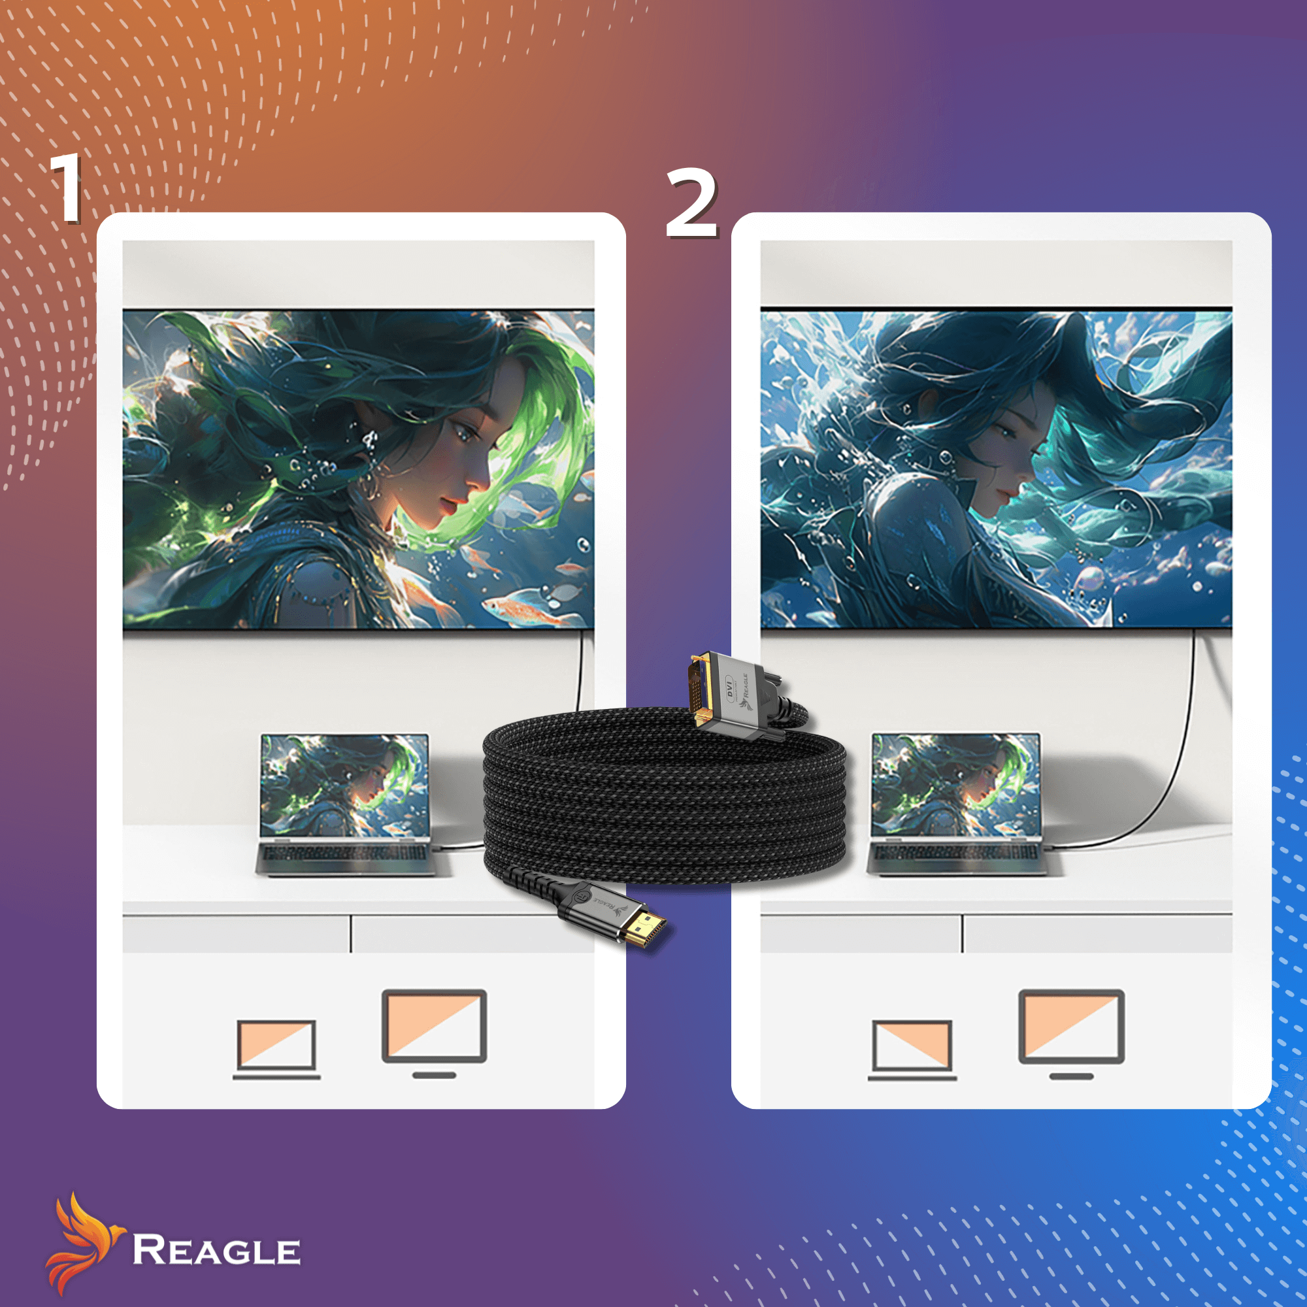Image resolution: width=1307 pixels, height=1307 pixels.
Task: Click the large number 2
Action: pyautogui.click(x=691, y=203)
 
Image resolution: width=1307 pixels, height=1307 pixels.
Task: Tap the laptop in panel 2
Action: pyautogui.click(x=957, y=805)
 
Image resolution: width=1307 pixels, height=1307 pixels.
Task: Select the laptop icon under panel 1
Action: pyautogui.click(x=276, y=1050)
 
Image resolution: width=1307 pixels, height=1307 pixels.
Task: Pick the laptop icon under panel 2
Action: pyautogui.click(x=912, y=1050)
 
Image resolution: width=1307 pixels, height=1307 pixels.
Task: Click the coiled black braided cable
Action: pyautogui.click(x=666, y=799)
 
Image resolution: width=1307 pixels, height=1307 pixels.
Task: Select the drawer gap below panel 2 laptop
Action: pyautogui.click(x=962, y=934)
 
